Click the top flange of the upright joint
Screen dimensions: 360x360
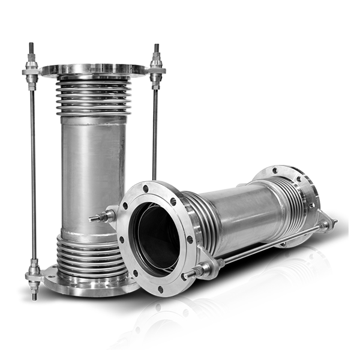coord(93,69)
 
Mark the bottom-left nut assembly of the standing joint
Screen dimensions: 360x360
coord(33,277)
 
